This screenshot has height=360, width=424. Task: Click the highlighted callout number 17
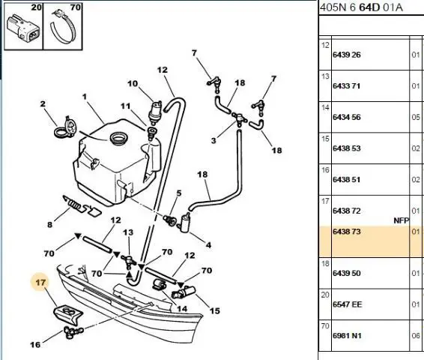click(x=40, y=283)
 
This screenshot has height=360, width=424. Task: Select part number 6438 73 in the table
click(x=347, y=232)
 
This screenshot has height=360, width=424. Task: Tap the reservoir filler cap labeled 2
click(x=66, y=127)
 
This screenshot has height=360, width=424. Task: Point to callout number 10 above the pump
click(x=133, y=84)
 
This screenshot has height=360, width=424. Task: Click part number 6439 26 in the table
click(x=347, y=55)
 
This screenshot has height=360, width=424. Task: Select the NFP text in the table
click(x=402, y=220)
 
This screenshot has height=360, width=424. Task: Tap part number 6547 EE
click(x=347, y=304)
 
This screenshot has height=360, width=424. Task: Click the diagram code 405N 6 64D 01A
click(x=361, y=7)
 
